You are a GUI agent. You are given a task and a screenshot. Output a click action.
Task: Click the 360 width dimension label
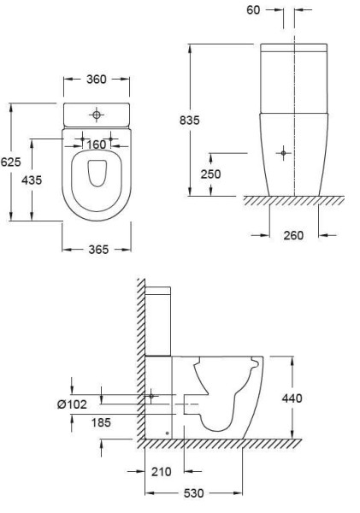coord(97,80)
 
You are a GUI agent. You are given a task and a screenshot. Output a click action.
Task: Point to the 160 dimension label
coord(96,144)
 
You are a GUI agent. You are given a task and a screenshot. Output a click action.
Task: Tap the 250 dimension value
coord(211,174)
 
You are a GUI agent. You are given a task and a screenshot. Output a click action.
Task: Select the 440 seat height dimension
coord(292,398)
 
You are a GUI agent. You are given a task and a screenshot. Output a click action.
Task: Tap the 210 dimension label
coord(160,470)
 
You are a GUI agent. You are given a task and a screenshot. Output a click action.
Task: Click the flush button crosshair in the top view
coord(97,113)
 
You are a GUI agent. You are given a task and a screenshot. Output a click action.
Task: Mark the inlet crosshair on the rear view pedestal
coord(283,153)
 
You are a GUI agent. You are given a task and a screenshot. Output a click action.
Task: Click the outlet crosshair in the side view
coord(151,396)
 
